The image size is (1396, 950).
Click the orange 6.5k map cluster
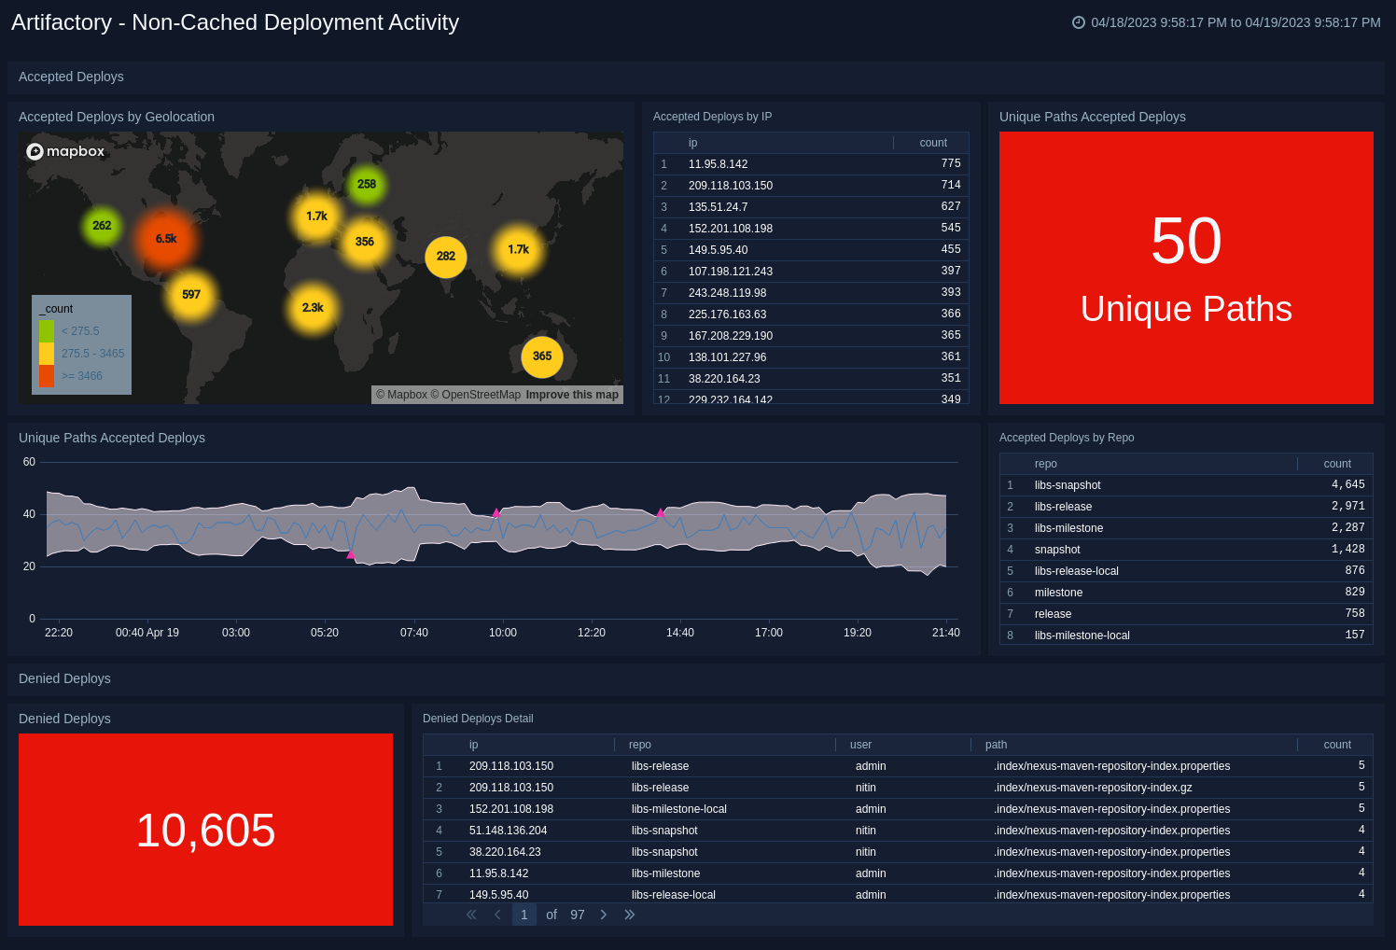coord(166,239)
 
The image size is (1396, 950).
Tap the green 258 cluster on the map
coord(367,185)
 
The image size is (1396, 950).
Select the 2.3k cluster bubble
coord(313,308)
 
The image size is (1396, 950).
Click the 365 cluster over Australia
coord(542,356)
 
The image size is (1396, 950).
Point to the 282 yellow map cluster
coord(446,257)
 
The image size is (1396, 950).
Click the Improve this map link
coord(572,395)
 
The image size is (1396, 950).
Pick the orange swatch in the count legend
coord(47,376)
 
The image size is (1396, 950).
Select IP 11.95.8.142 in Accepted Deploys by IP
coord(718,164)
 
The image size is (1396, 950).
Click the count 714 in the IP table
coord(951,185)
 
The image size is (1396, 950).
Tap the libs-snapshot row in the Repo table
coord(1068,485)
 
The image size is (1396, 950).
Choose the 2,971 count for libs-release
coord(1347,507)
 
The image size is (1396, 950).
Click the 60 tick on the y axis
coord(29,462)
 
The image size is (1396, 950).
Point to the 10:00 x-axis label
coord(503,633)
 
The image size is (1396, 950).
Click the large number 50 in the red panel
coord(1186,241)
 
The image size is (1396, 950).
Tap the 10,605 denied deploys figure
coord(205,831)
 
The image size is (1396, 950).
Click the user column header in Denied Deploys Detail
coord(860,745)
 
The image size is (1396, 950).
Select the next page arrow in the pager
coord(604,915)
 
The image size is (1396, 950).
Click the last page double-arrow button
coord(630,915)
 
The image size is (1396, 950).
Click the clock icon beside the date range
coord(1079,22)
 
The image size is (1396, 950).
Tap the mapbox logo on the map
coord(65,151)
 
